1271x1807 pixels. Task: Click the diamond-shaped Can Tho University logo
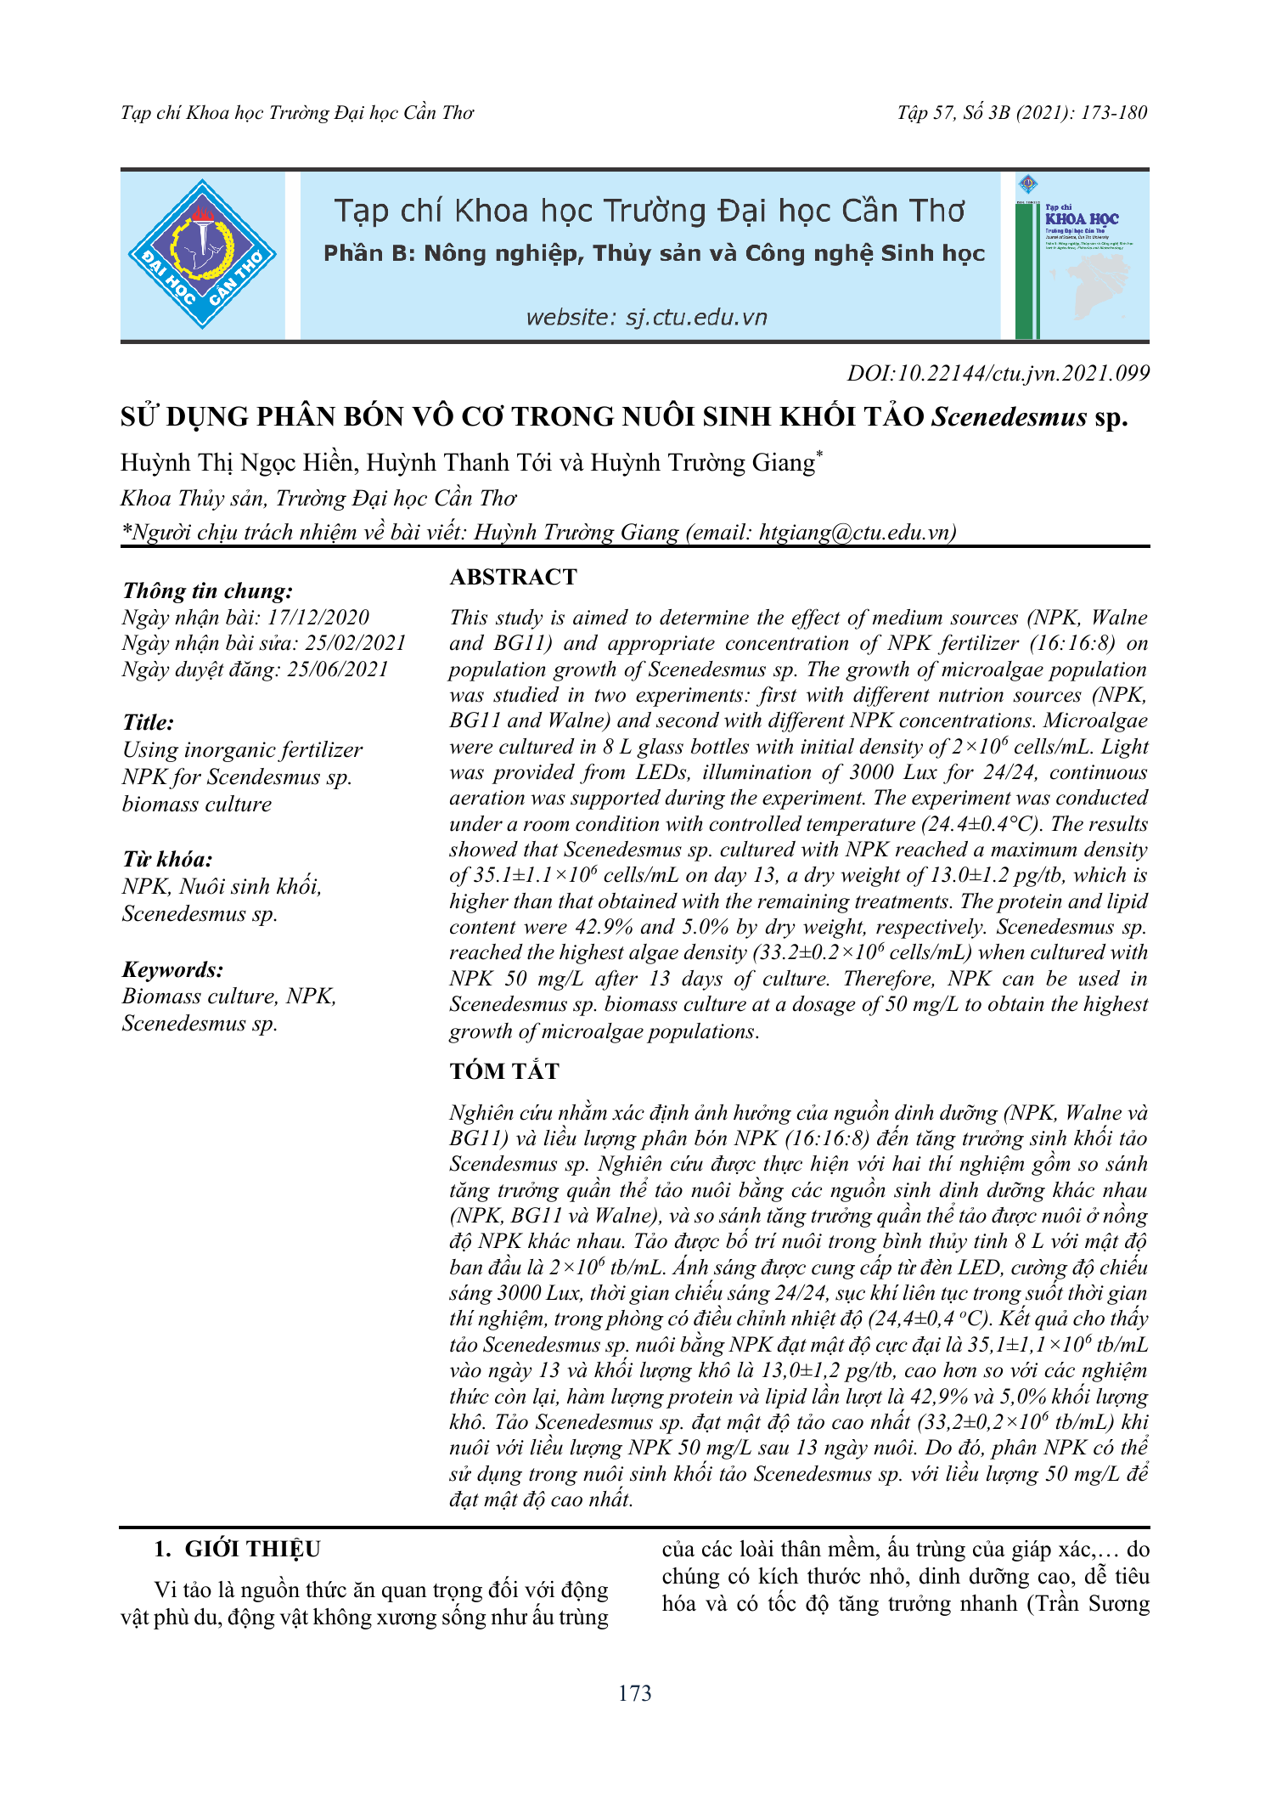(x=202, y=254)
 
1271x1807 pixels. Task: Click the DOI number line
(x=998, y=373)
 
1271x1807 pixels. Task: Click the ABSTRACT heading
(x=513, y=578)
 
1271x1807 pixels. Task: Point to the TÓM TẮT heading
(x=504, y=1071)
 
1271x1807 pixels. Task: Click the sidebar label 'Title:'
(x=148, y=723)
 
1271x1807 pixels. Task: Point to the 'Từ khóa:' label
(x=167, y=859)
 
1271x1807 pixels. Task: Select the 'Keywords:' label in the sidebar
(x=172, y=969)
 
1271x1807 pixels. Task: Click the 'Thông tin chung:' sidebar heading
(x=207, y=591)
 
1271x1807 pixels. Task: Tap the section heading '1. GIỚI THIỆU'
(x=237, y=1550)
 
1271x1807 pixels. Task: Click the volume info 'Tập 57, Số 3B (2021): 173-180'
(x=1021, y=113)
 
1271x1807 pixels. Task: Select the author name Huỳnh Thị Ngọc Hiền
(x=236, y=463)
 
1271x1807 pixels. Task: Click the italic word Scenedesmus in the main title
(x=1009, y=417)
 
